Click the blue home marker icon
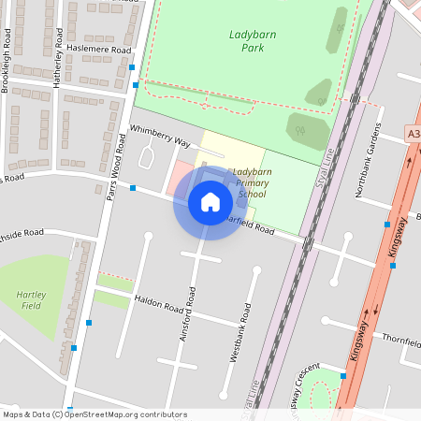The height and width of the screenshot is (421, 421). click(x=210, y=201)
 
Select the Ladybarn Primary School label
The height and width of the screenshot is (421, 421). click(x=252, y=182)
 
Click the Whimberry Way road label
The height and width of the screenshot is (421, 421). click(x=160, y=137)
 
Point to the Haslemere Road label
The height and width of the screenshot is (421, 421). click(x=95, y=50)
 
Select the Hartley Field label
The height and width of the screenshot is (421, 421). click(x=32, y=300)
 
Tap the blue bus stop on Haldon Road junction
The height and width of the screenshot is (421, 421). click(x=89, y=323)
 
